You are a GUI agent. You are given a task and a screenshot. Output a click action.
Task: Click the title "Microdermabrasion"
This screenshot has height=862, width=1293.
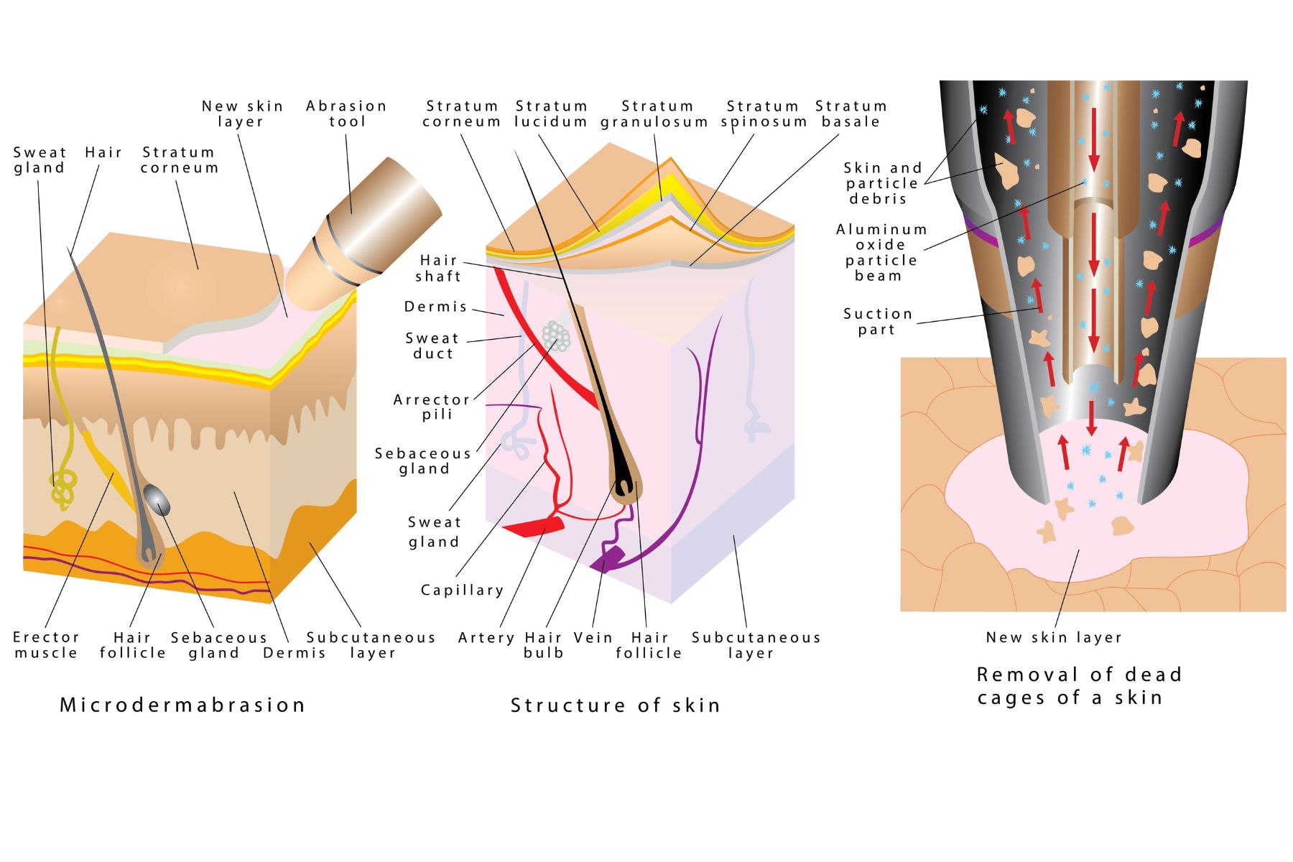tap(182, 705)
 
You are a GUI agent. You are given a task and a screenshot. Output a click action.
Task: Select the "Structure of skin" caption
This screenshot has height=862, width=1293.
tap(615, 705)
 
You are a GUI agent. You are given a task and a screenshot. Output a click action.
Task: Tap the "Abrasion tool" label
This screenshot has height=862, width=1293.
tap(346, 113)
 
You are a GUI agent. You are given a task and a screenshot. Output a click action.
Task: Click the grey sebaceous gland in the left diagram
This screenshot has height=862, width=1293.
tap(157, 499)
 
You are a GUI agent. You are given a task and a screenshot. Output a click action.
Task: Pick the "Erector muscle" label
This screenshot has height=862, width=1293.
tap(46, 644)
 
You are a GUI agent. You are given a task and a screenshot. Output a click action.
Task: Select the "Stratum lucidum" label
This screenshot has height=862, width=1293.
tap(551, 113)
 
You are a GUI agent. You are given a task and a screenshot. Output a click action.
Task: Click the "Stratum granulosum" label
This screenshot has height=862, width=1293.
tap(655, 113)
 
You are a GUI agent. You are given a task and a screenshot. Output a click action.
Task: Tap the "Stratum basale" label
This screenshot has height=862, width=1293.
tap(851, 113)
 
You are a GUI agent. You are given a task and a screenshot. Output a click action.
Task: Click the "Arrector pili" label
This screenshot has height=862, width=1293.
tap(432, 407)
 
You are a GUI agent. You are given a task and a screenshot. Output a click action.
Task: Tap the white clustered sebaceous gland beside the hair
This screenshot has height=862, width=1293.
tap(555, 335)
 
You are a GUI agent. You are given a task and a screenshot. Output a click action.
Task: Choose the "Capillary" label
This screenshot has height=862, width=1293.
tap(462, 590)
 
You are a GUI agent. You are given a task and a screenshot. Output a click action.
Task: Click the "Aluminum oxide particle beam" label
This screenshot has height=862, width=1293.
tap(881, 252)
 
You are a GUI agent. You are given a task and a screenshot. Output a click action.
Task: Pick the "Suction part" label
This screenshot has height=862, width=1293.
tap(878, 321)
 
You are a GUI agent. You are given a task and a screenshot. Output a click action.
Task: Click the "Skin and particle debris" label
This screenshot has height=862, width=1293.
tap(882, 182)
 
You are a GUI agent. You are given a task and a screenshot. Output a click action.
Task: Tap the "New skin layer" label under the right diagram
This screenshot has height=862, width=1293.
tap(1053, 637)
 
